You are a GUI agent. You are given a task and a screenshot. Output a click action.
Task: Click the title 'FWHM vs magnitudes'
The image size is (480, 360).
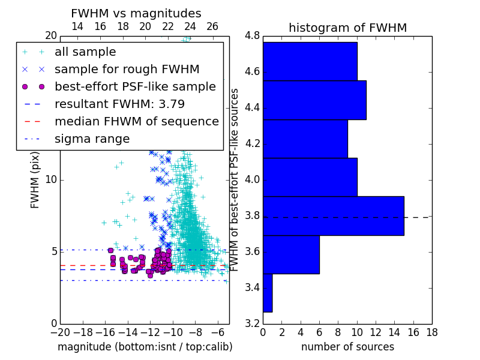pyautogui.click(x=136, y=13)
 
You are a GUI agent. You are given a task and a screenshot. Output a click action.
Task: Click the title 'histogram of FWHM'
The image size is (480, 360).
pyautogui.click(x=348, y=28)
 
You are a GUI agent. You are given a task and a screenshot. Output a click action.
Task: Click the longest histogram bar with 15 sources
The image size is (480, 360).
pyautogui.click(x=334, y=216)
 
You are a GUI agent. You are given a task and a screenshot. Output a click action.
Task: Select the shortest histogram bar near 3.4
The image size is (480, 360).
pyautogui.click(x=268, y=293)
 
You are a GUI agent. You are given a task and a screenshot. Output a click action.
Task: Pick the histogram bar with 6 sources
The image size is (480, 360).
pyautogui.click(x=292, y=254)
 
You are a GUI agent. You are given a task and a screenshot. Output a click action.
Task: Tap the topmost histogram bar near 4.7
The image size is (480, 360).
pyautogui.click(x=310, y=61)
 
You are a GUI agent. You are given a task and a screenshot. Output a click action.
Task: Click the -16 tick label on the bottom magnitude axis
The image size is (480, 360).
pyautogui.click(x=106, y=332)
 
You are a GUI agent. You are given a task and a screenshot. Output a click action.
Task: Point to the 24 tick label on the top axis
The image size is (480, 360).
pyautogui.click(x=190, y=26)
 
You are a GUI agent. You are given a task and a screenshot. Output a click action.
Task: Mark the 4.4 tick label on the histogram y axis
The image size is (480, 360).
pyautogui.click(x=252, y=108)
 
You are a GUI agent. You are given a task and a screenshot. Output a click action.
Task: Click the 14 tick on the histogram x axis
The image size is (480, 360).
pyautogui.click(x=395, y=332)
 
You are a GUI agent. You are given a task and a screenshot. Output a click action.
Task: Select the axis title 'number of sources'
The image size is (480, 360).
pyautogui.click(x=348, y=347)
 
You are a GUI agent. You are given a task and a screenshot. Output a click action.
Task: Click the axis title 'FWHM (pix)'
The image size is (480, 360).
pyautogui.click(x=35, y=180)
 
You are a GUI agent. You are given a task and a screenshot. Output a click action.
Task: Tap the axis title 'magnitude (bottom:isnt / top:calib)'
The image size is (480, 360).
pyautogui.click(x=145, y=347)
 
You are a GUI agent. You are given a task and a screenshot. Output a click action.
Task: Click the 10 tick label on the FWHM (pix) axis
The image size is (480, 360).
pyautogui.click(x=51, y=179)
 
